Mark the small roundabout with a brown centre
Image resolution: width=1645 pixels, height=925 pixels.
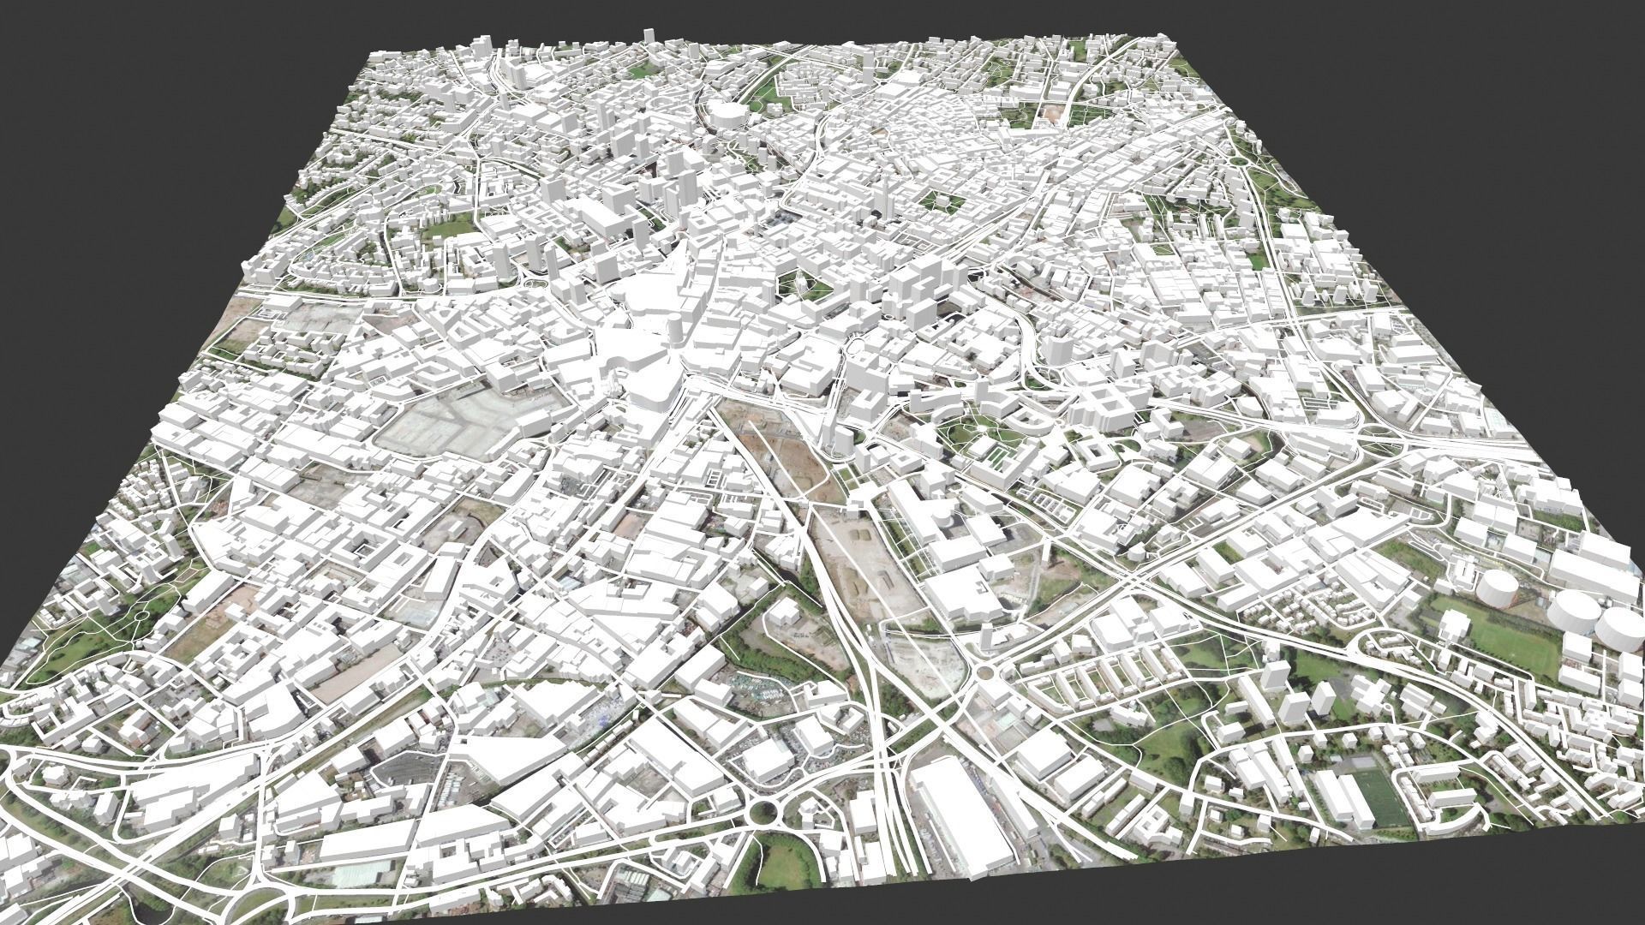click(x=986, y=671)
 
